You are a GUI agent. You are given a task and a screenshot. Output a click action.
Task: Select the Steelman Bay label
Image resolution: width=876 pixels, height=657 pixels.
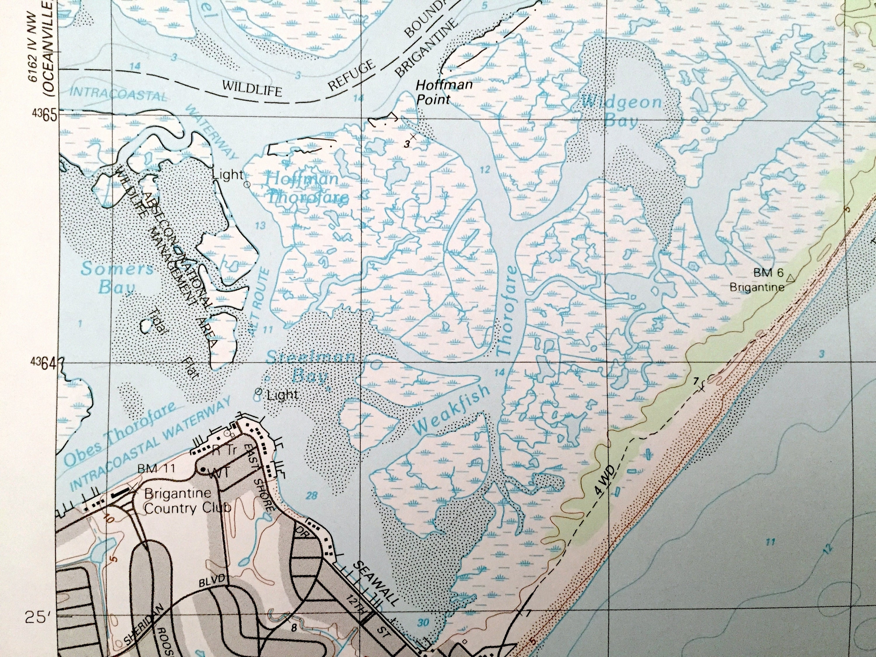click(x=310, y=366)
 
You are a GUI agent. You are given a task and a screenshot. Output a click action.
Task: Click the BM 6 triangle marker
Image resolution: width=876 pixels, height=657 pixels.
click(x=790, y=278)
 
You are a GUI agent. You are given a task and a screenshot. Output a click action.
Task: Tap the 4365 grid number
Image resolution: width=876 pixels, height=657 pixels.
click(x=44, y=114)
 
